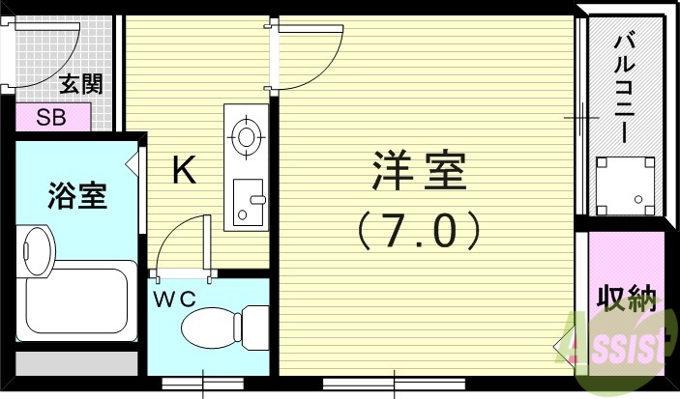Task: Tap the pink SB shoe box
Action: (53, 118)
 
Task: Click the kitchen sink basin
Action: (250, 201)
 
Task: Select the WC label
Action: (174, 299)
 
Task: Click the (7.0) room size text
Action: (418, 231)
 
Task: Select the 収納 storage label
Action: (627, 297)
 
